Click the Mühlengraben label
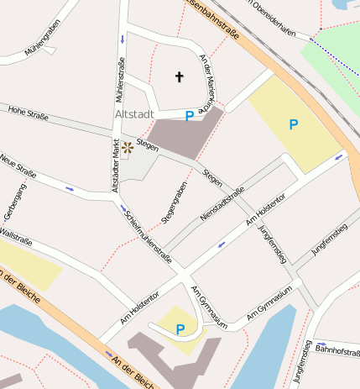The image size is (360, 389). coord(43,39)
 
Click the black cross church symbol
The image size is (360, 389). coord(178,77)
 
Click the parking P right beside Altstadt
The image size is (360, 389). coord(190,115)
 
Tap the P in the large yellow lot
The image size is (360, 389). coord(293,124)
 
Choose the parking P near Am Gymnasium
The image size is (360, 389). coord(180,329)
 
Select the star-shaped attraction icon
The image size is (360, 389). coord(127,149)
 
